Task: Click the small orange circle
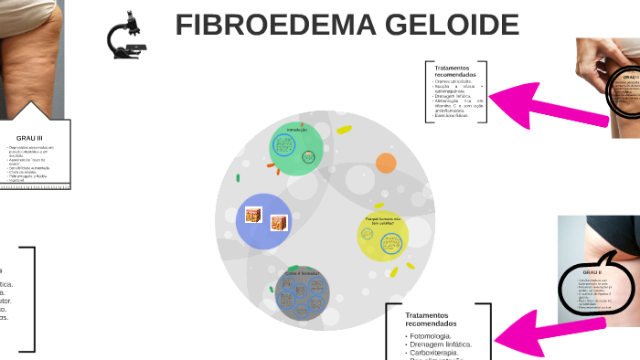pos(386,164)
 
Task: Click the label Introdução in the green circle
pos(297,130)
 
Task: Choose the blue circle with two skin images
pos(263,220)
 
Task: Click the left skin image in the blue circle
pos(253,216)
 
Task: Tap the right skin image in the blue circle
pos(279,223)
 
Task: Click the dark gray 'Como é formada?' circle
pos(303,292)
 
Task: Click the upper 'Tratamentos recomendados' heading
pos(453,71)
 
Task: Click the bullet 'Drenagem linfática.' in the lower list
pos(439,344)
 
